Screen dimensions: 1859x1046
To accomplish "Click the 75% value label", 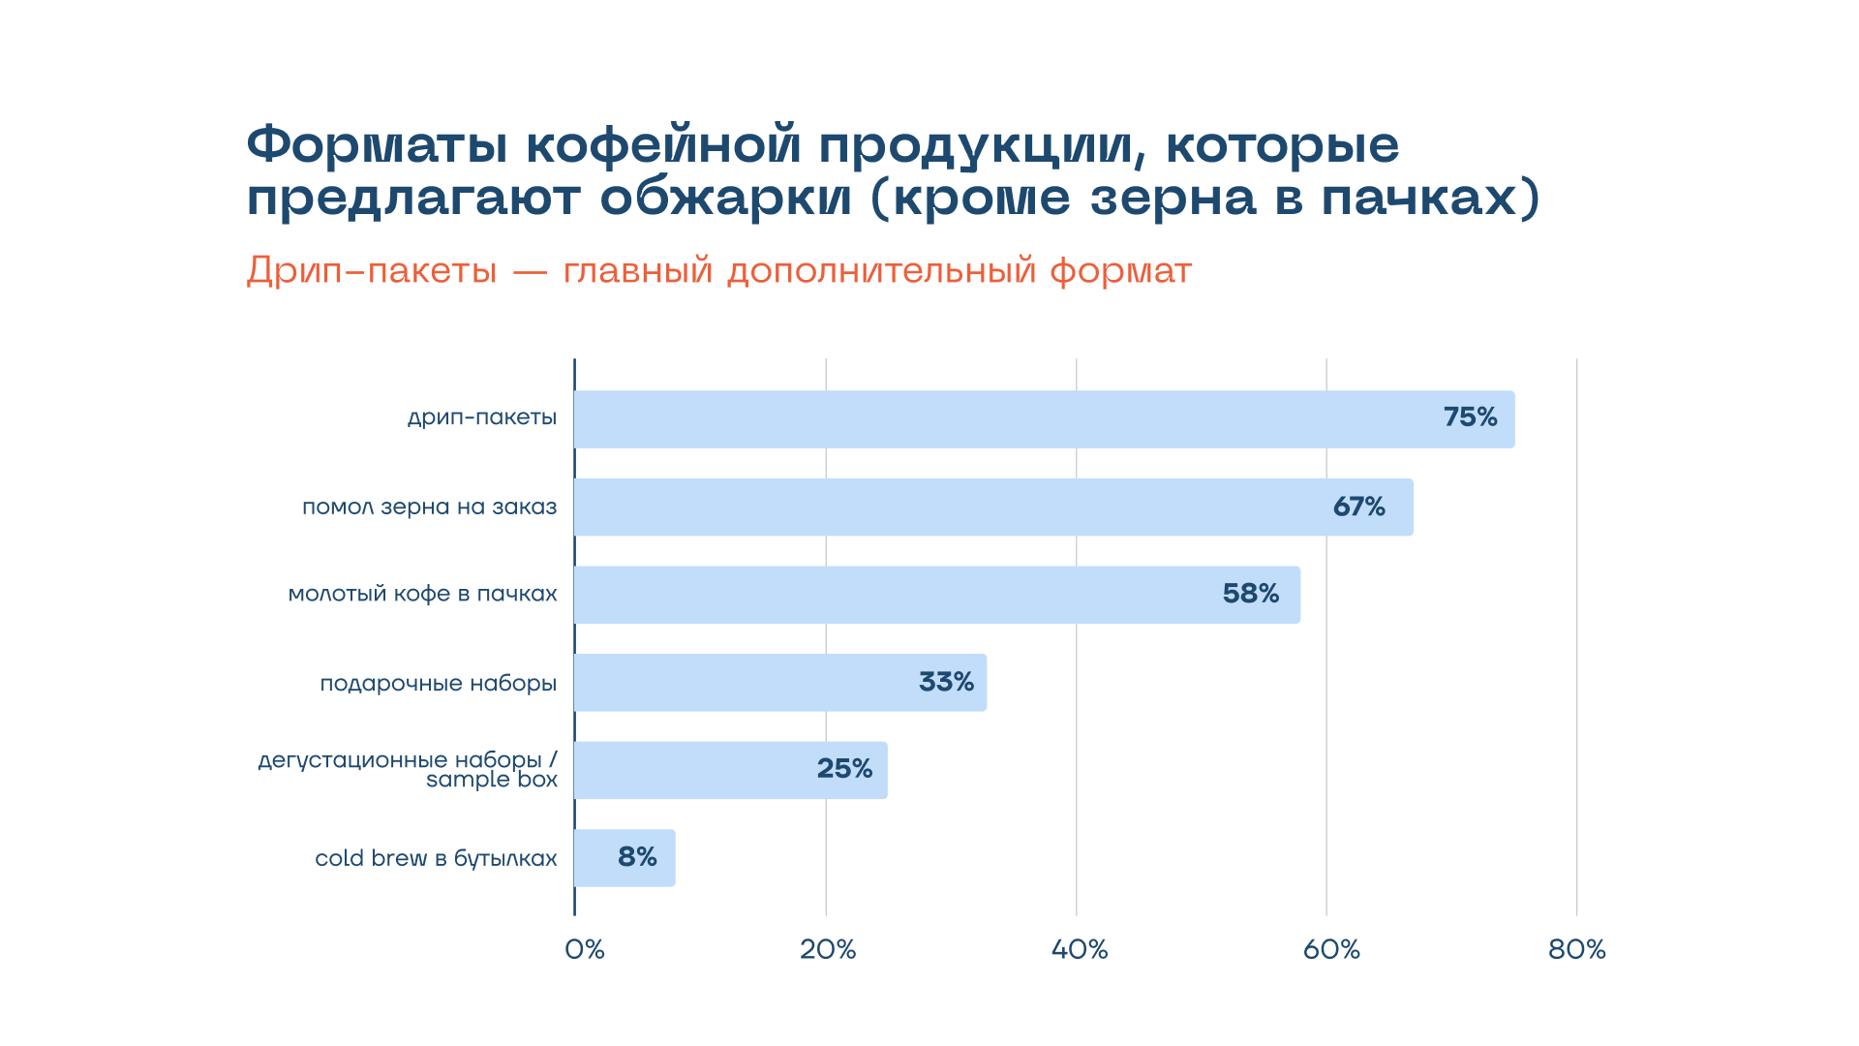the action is [1470, 417].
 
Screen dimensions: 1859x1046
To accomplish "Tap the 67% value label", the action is [1358, 507].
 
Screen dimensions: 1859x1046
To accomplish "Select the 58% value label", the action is [1250, 594].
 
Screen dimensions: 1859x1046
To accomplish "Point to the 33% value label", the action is [946, 682].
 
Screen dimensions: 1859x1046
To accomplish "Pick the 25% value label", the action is [844, 769].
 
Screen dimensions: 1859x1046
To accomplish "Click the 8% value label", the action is [637, 857].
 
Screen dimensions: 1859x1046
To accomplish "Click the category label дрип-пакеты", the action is [482, 417].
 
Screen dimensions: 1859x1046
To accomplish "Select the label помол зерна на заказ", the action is [430, 507].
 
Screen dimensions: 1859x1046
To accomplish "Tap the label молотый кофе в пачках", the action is [423, 594].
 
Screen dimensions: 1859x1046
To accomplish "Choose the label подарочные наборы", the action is [439, 684].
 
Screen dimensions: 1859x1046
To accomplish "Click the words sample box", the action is [492, 780].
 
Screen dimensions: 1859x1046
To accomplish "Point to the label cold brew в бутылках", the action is [436, 858].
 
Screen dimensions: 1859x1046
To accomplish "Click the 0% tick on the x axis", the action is [585, 949].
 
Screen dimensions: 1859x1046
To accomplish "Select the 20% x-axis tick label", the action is [828, 949].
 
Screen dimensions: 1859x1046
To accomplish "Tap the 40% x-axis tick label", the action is [1080, 949].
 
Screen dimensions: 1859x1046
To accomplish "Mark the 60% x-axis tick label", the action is [1331, 949].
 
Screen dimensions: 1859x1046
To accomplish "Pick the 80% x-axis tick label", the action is [1577, 949].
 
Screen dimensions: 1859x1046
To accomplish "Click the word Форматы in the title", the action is [378, 145].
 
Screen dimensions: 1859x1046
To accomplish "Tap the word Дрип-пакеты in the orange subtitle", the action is [372, 270].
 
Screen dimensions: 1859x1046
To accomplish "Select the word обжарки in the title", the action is [726, 199].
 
